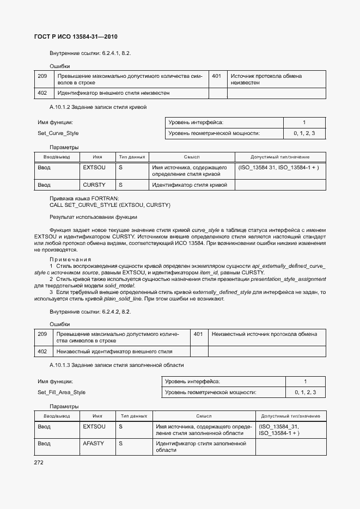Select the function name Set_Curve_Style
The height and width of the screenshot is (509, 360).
(58, 133)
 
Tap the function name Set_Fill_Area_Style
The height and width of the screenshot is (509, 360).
(62, 393)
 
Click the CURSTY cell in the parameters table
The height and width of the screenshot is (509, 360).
(94, 185)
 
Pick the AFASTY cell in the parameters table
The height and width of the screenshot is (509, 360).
(94, 444)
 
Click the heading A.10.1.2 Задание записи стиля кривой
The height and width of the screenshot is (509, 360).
(98, 107)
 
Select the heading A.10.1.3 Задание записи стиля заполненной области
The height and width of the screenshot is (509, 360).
(117, 364)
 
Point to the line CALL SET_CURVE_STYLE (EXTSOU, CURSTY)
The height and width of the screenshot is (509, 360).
(110, 205)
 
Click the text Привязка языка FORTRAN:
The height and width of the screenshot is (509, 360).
(84, 199)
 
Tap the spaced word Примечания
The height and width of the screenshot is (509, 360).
(70, 259)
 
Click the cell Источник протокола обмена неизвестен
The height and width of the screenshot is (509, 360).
(266, 79)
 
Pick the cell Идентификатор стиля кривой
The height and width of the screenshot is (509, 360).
(190, 185)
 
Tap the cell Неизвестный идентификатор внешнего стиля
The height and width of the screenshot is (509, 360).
(114, 352)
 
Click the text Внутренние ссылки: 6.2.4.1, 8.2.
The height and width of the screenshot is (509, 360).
(90, 53)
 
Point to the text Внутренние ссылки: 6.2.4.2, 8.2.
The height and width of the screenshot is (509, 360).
(90, 312)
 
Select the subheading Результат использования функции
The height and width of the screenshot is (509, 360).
(93, 217)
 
